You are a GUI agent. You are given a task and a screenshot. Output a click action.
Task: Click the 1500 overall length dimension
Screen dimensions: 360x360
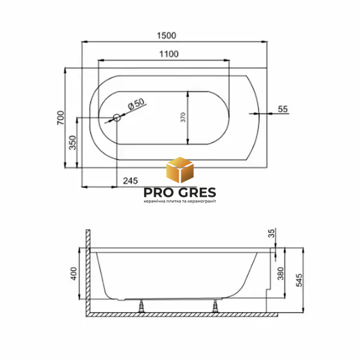point(166,35)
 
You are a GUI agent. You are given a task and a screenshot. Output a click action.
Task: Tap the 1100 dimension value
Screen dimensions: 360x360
point(169,54)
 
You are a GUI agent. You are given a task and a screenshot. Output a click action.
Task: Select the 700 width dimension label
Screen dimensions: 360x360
point(61,118)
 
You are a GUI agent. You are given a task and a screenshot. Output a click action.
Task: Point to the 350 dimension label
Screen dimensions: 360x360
point(73,143)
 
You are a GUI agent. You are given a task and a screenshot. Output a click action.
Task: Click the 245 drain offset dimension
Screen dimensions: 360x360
point(130,181)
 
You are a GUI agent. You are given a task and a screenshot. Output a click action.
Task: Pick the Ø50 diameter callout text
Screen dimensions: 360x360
point(136,104)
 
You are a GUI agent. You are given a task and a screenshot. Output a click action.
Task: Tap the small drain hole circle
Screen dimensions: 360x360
point(117,118)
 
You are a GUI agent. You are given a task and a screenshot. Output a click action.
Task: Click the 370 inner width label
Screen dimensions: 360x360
point(183,118)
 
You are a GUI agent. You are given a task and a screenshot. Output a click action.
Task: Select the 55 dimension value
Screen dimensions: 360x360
point(283,109)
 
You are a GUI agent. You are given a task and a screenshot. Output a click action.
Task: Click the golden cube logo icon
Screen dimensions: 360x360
point(180,170)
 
